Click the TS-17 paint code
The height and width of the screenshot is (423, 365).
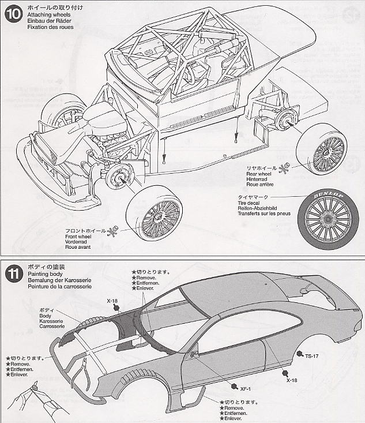pos(312,355)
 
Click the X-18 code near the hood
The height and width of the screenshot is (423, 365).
pos(112,301)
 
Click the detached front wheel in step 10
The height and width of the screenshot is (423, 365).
pos(153,216)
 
